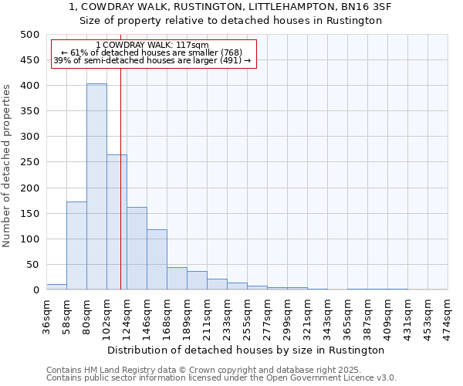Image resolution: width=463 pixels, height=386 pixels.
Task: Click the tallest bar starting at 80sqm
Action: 96,187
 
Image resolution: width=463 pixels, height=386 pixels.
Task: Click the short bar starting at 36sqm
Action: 56,286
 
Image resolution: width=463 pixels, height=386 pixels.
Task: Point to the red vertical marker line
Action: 121,178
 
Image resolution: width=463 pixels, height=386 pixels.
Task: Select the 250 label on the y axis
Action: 29,162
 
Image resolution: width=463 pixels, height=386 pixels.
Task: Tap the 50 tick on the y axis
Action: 32,265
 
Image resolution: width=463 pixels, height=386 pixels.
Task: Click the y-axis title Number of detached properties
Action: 8,162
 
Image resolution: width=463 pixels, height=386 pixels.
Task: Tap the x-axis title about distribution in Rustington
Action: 245,350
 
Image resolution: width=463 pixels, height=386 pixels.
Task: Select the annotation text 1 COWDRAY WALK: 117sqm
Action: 152,46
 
